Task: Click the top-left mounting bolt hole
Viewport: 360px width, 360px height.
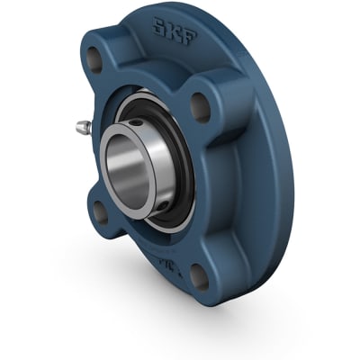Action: point(94,61)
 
